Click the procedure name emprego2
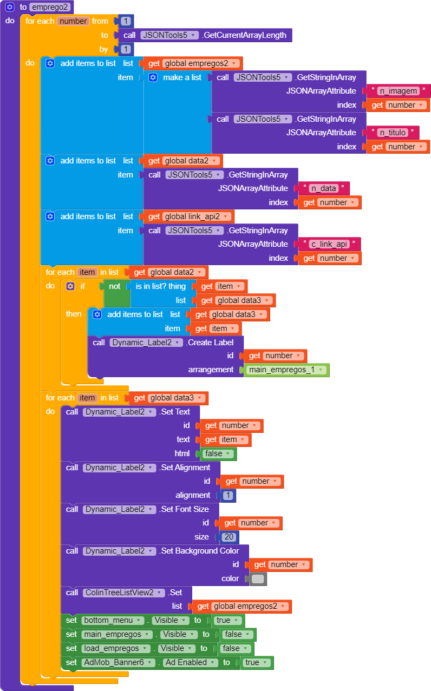(x=50, y=7)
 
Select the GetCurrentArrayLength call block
(x=244, y=35)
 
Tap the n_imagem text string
(x=399, y=91)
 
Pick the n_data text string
(x=323, y=188)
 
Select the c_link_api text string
(x=329, y=244)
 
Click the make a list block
(x=182, y=77)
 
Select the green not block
(x=115, y=286)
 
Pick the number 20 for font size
(x=230, y=537)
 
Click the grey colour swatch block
(x=258, y=578)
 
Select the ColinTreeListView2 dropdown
(x=123, y=593)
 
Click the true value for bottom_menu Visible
(x=227, y=620)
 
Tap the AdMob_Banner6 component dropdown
(x=118, y=662)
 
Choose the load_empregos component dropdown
(x=115, y=648)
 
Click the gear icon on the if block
(x=70, y=286)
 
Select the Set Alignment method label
(x=185, y=468)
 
